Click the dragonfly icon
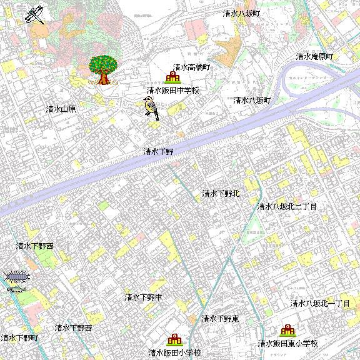(x=36, y=14)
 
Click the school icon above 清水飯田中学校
(x=171, y=77)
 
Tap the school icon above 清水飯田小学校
(x=174, y=340)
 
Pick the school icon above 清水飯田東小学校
(x=287, y=331)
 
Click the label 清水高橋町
(x=191, y=67)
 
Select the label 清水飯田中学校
(x=172, y=91)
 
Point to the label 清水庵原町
(x=315, y=57)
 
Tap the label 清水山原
(x=61, y=109)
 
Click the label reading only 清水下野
(x=158, y=151)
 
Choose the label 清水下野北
(x=221, y=194)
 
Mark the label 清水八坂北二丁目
(x=287, y=206)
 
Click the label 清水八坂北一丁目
(x=320, y=304)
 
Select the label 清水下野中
(x=143, y=297)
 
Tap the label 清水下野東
(x=221, y=319)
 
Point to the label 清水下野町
(x=19, y=338)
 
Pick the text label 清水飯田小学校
(x=175, y=353)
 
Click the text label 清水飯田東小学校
(x=288, y=344)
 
